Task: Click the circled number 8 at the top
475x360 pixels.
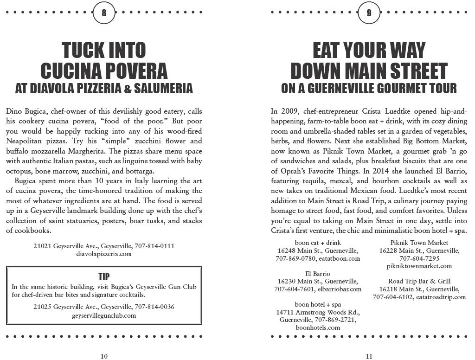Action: coord(104,13)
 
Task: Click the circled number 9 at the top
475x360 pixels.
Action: coord(369,13)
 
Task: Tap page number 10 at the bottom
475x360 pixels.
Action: coord(104,356)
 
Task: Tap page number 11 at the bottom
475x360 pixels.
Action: coord(369,356)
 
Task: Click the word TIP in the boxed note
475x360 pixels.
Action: coord(104,277)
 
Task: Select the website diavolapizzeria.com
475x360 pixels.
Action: coord(104,254)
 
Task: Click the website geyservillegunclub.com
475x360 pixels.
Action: coord(104,315)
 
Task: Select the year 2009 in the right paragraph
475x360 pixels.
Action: coord(289,112)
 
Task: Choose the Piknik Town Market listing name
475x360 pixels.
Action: coord(419,243)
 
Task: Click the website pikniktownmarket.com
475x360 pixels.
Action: coord(419,266)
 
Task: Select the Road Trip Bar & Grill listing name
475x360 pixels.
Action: coord(419,281)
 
